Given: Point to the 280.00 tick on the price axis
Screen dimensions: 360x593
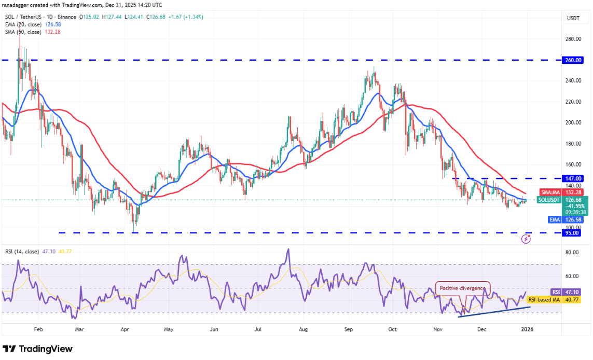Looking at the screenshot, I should click(x=573, y=39).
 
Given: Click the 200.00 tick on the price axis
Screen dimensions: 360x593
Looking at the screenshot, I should click(x=573, y=123).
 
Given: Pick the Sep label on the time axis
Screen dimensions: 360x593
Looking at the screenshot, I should click(x=349, y=329).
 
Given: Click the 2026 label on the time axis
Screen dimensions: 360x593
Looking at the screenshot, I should click(x=527, y=329).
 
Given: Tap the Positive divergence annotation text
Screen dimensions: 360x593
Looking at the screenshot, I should click(x=463, y=288).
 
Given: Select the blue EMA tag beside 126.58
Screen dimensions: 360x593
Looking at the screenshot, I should click(x=554, y=219).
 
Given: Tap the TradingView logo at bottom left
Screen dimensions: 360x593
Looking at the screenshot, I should click(x=37, y=349).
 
